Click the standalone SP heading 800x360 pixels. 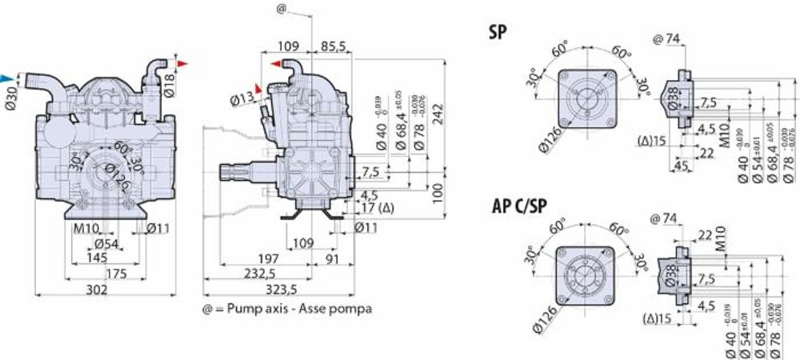point(498,33)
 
